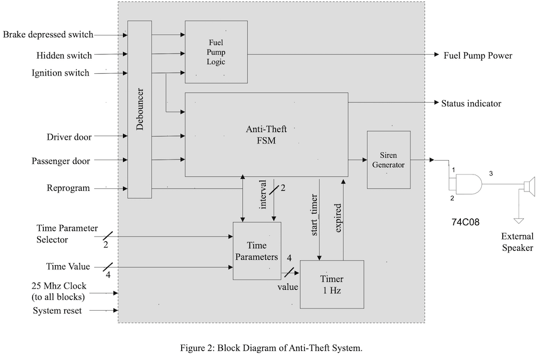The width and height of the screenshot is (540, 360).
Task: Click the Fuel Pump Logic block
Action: point(216,52)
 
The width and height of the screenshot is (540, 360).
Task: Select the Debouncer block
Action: point(140,108)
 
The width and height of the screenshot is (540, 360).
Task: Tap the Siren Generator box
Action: point(388,160)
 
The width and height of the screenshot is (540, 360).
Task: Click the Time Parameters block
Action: point(257,250)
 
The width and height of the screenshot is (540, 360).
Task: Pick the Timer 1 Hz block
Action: point(332,284)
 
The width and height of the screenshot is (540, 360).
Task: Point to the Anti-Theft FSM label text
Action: point(266,135)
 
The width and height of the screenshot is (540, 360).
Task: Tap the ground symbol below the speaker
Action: point(520,220)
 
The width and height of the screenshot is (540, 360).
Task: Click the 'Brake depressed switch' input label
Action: point(48,35)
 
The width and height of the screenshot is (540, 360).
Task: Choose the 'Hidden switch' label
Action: point(64,55)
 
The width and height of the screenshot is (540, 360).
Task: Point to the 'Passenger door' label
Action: point(61,161)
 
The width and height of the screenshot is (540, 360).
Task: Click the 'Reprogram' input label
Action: point(68,188)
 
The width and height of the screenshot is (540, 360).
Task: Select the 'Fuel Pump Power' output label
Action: point(478,56)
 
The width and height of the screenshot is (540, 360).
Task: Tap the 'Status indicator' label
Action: point(471,103)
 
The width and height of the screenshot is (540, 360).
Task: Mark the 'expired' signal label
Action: point(339,218)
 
